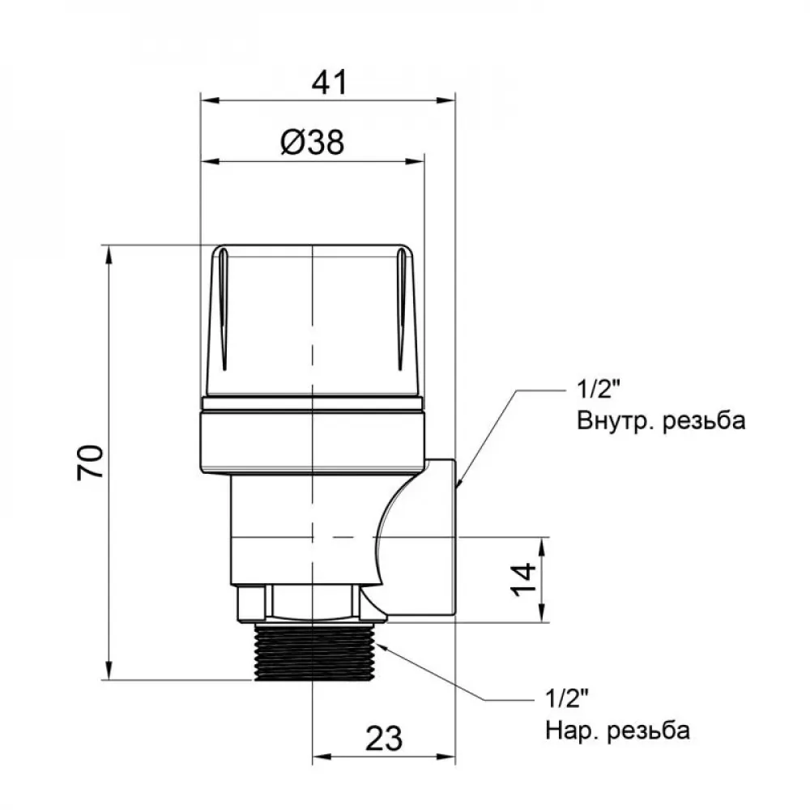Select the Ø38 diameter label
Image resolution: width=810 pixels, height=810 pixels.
(x=312, y=143)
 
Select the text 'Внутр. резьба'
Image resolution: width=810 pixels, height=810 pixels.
(x=661, y=421)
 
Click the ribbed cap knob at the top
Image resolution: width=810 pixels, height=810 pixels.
(x=312, y=320)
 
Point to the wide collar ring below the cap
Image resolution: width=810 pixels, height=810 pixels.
(x=312, y=441)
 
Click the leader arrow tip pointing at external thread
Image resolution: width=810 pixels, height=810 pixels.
(x=381, y=646)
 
